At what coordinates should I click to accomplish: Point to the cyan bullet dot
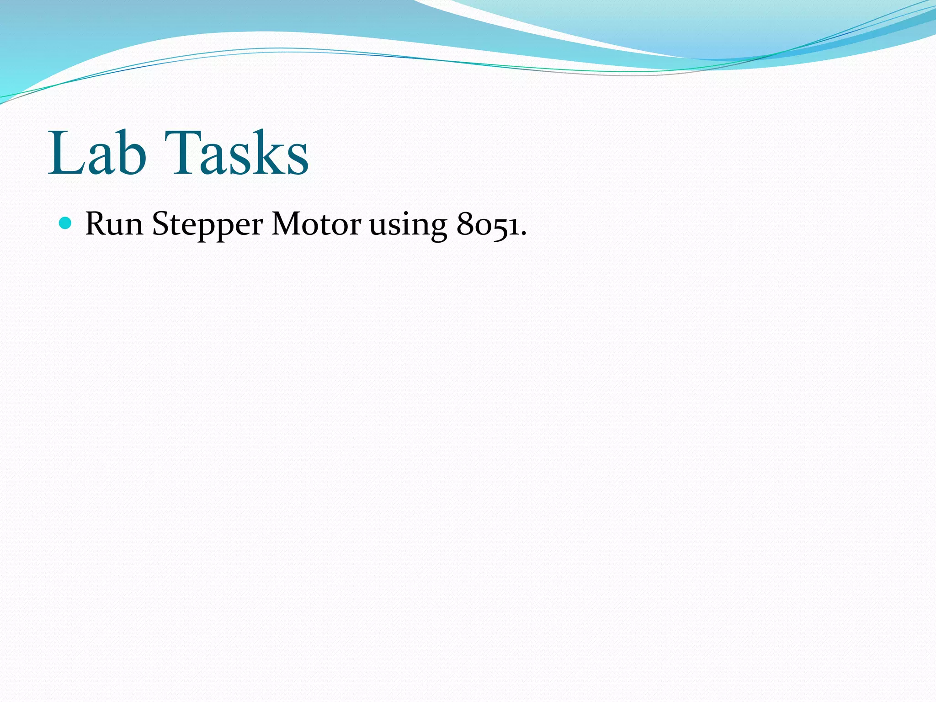[x=66, y=223]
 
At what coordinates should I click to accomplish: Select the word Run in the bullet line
[x=114, y=224]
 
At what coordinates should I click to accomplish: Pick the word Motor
[x=316, y=224]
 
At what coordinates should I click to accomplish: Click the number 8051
[x=488, y=224]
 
